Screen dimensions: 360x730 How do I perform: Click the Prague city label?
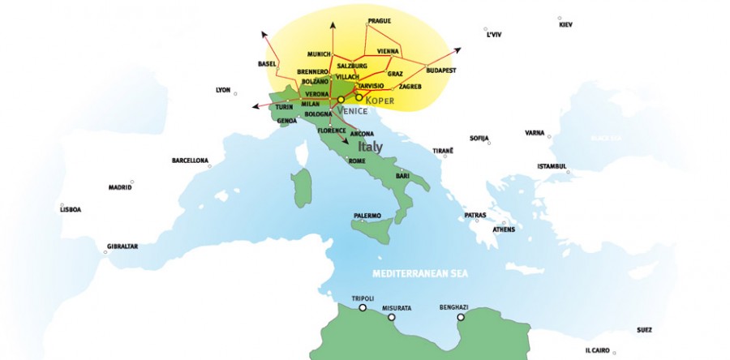pos(380,20)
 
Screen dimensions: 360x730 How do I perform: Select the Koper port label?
pos(380,101)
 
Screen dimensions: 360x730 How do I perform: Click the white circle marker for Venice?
pos(341,100)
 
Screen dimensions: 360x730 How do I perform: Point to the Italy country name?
pos(370,147)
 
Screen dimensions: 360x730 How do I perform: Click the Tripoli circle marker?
pos(363,308)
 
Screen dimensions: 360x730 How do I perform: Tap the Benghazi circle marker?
pos(461,317)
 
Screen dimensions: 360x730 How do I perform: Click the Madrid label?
pos(120,187)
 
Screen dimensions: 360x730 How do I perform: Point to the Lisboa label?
pos(71,209)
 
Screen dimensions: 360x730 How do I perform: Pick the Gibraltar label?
pos(122,246)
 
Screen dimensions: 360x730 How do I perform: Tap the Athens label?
pos(504,229)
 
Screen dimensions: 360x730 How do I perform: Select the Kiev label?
pos(566,24)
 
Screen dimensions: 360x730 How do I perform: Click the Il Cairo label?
pos(599,350)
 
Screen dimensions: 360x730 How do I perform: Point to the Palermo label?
pos(367,216)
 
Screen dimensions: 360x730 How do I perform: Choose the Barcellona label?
pos(190,161)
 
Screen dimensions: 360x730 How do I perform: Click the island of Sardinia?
pos(302,187)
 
